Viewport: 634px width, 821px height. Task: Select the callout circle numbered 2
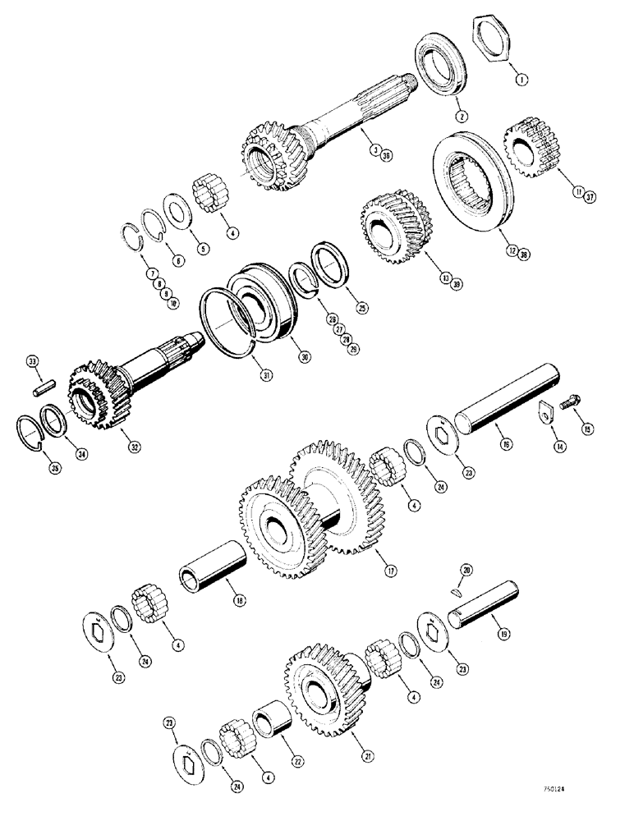(462, 117)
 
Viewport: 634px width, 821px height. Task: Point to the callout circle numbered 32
(133, 447)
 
